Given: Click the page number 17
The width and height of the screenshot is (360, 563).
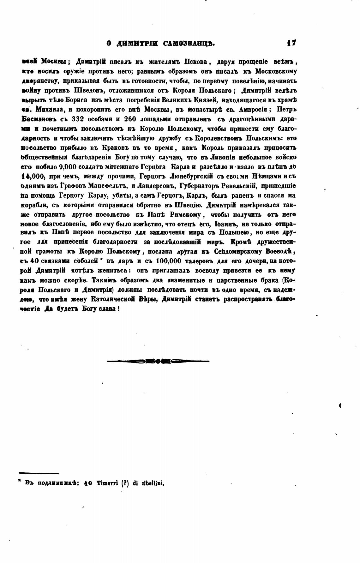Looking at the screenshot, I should click(x=291, y=43).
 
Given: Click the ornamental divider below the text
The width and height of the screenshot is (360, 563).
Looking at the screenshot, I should click(x=158, y=361).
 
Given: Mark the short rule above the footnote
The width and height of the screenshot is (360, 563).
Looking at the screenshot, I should click(x=39, y=473).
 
